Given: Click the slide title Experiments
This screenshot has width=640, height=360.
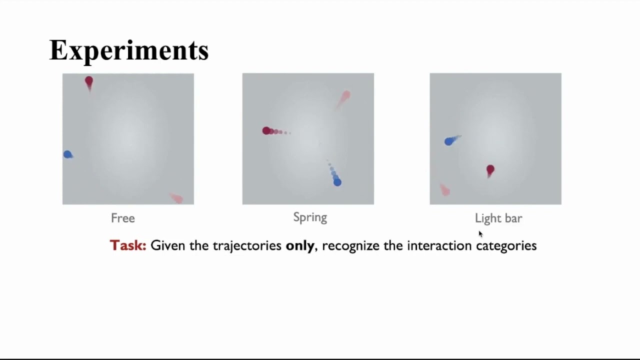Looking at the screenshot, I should (129, 50).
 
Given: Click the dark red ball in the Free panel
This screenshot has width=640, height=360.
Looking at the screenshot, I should (89, 80).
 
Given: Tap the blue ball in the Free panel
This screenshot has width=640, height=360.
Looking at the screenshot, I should (67, 154).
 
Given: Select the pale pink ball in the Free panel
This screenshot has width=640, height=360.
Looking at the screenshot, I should (177, 198).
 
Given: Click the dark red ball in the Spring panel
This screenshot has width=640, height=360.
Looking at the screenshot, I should (266, 130).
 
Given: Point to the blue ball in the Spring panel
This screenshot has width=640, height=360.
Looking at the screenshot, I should (337, 182).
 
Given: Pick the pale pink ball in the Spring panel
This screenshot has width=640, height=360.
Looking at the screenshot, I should (346, 95).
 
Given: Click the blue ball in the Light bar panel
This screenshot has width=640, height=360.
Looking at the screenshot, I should (448, 141).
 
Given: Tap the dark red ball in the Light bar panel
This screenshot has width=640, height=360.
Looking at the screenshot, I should (490, 170).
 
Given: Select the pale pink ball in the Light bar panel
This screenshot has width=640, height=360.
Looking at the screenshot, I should (444, 190).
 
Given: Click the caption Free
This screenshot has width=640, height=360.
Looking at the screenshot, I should (123, 218).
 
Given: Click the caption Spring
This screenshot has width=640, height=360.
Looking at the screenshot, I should (310, 217).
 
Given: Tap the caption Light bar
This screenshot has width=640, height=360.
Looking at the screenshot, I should (498, 218).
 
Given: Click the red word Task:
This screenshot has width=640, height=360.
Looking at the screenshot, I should (128, 245).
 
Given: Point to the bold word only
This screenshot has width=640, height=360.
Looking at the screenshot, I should (300, 245).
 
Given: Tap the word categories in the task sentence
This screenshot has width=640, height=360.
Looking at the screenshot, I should (506, 245).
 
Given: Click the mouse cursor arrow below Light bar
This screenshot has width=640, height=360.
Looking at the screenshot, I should (480, 233).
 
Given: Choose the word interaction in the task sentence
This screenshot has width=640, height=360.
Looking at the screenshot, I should (439, 245).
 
